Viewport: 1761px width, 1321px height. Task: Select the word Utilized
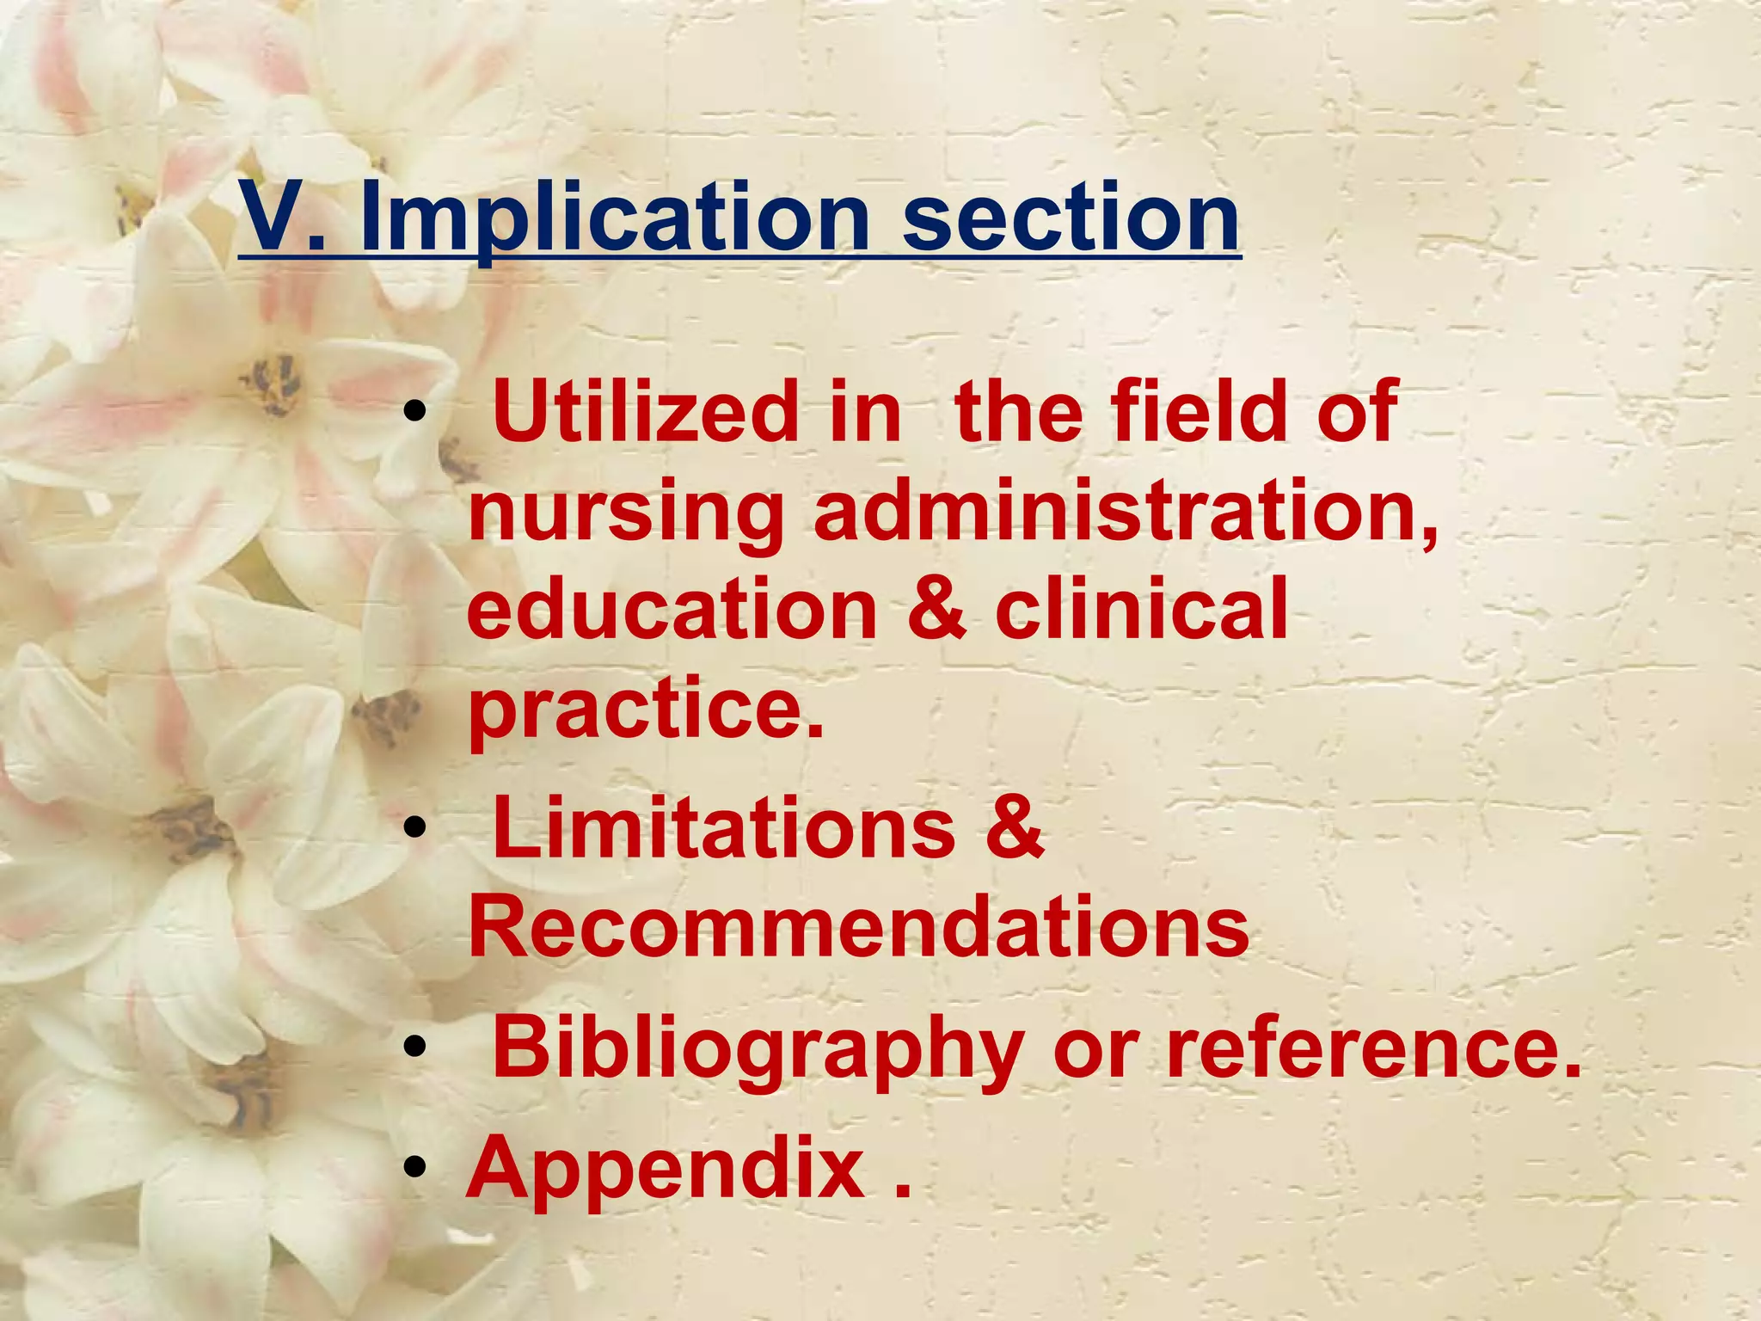point(647,412)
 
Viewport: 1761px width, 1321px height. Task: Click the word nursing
point(626,515)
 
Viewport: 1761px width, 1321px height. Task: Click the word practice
point(645,710)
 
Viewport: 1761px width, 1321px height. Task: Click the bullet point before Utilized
point(415,414)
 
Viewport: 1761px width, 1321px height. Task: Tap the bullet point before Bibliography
point(415,1048)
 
